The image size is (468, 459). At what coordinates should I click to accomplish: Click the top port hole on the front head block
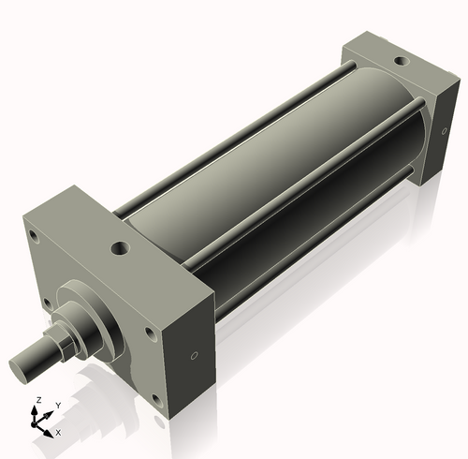[120, 249]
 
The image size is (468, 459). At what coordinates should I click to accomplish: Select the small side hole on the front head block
[194, 356]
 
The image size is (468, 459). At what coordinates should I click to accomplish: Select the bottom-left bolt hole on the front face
[43, 301]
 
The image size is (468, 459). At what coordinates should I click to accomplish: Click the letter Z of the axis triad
[37, 400]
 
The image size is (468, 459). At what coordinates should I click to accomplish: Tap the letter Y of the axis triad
[57, 405]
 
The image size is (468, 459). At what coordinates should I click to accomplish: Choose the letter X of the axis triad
[58, 433]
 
